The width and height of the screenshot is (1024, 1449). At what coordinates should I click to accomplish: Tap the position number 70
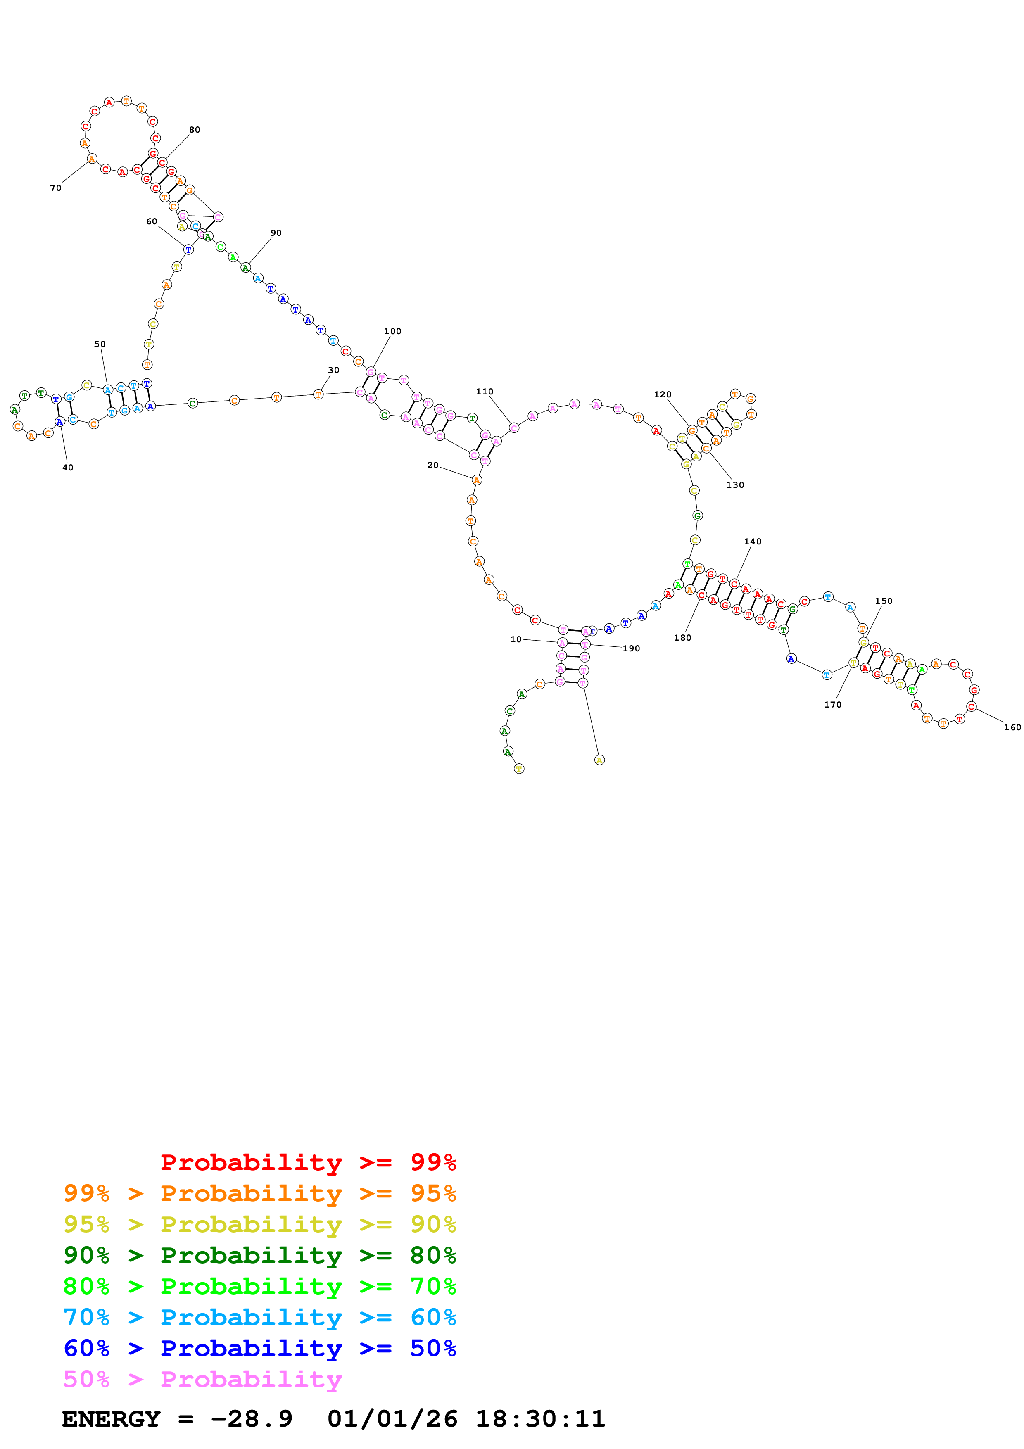tap(55, 188)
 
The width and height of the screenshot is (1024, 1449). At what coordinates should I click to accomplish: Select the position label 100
tap(392, 331)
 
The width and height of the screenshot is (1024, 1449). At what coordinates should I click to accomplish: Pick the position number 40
tap(67, 468)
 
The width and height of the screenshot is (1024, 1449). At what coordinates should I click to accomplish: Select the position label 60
tap(152, 221)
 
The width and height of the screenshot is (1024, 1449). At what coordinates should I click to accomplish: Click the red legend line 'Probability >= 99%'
tap(308, 1162)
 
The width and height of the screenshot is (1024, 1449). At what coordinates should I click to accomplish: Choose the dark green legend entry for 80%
tap(259, 1255)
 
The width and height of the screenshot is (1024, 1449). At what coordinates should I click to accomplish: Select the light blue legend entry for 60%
tap(259, 1318)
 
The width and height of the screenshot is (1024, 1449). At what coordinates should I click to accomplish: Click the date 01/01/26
tap(392, 1419)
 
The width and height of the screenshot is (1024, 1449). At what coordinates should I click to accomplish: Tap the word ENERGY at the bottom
tap(110, 1419)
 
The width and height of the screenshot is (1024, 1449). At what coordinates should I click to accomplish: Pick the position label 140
tap(752, 542)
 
